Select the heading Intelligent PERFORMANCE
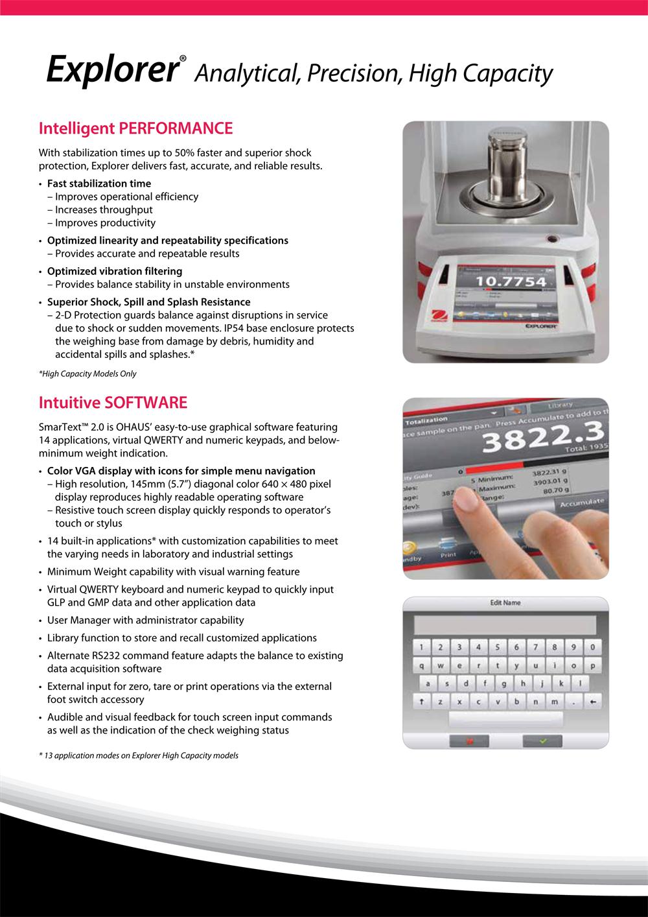click(x=135, y=128)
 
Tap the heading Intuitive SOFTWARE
click(x=113, y=403)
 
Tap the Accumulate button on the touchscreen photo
click(x=582, y=502)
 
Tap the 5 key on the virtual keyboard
click(x=497, y=647)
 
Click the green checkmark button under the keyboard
click(x=542, y=741)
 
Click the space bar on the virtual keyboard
click(x=505, y=719)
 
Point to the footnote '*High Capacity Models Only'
click(x=87, y=374)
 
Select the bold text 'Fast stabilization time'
click(x=99, y=184)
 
